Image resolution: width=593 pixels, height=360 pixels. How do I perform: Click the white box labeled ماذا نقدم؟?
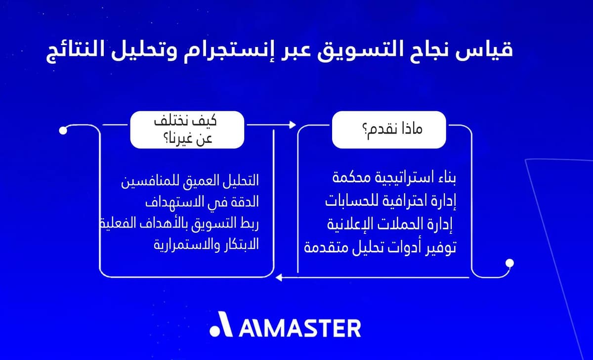(x=388, y=130)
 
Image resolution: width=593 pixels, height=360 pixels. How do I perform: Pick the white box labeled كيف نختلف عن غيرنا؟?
(x=187, y=130)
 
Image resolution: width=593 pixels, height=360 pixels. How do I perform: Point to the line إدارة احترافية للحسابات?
(x=390, y=201)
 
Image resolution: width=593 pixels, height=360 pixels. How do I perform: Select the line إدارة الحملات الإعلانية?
(x=391, y=225)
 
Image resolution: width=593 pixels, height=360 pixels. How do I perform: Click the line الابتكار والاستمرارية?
(x=206, y=245)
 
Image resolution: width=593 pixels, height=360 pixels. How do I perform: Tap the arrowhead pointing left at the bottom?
(x=279, y=278)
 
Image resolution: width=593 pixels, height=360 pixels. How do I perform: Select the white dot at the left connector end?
(x=63, y=131)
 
